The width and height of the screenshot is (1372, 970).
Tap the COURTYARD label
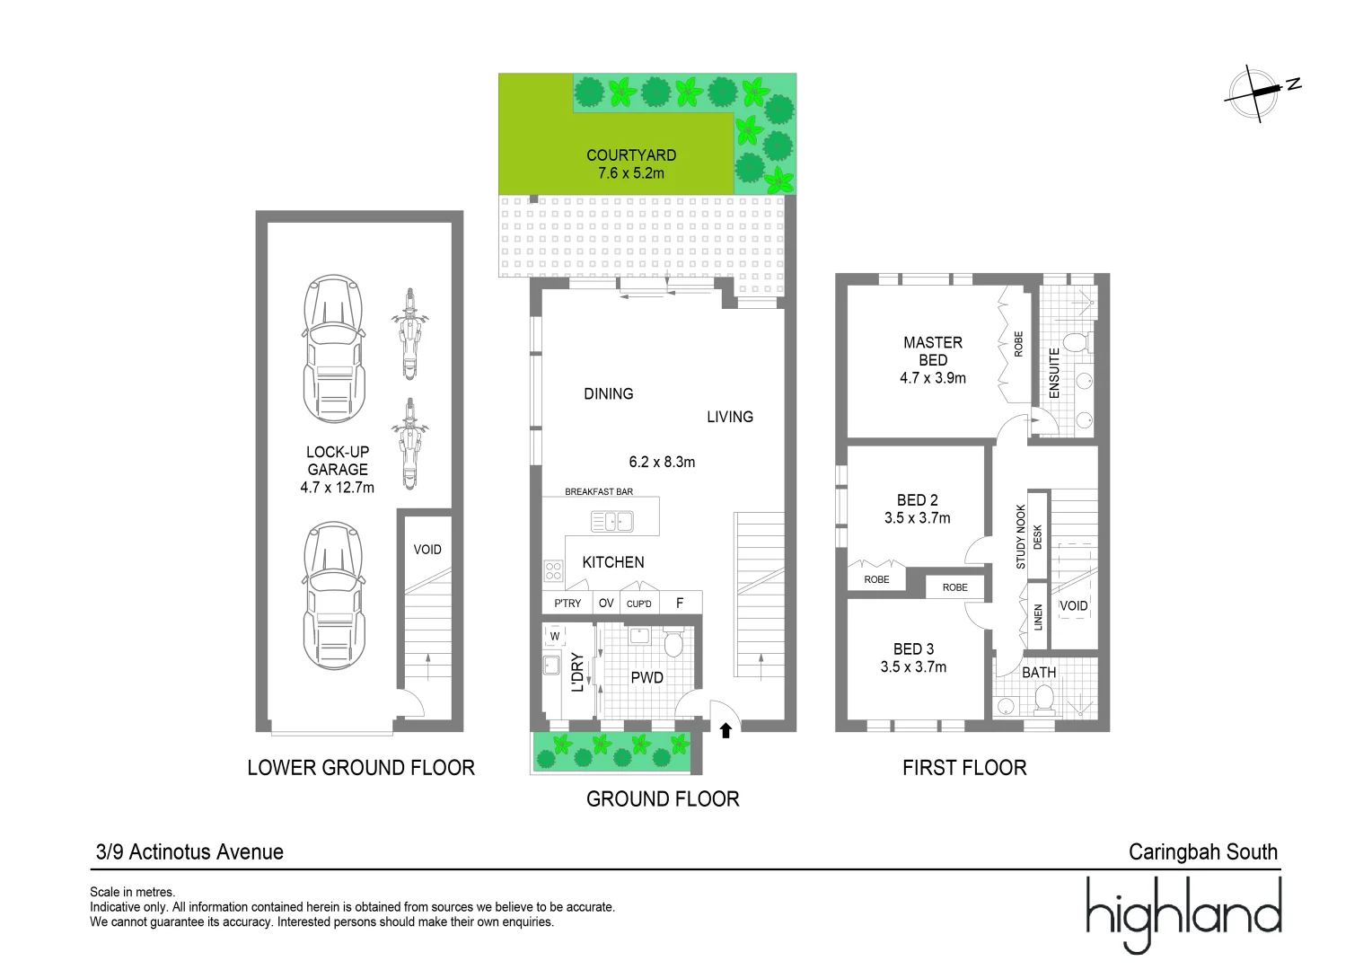click(x=631, y=155)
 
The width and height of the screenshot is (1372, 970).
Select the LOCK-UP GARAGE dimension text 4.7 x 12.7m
click(x=337, y=488)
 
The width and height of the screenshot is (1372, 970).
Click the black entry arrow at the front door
click(x=726, y=730)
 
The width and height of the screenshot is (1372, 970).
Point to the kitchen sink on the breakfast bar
click(x=611, y=522)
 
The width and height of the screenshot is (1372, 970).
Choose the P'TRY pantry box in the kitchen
click(x=567, y=603)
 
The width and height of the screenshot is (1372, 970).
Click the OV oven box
click(x=606, y=603)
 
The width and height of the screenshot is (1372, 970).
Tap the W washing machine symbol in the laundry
click(x=555, y=636)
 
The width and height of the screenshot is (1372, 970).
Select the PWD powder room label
click(x=646, y=678)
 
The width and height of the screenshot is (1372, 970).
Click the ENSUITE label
click(x=1054, y=373)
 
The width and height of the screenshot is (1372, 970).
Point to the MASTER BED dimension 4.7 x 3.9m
click(x=933, y=378)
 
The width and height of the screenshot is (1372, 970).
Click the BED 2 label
click(x=918, y=500)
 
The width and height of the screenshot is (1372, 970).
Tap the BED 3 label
click(x=914, y=649)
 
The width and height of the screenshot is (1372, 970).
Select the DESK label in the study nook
click(x=1038, y=537)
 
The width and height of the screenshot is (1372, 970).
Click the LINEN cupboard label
click(x=1038, y=617)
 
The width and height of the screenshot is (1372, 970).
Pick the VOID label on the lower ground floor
click(x=427, y=550)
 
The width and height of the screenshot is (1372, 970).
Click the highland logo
click(x=1184, y=915)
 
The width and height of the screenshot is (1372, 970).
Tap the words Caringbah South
click(x=1203, y=851)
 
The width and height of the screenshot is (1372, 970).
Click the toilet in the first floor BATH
click(x=1044, y=701)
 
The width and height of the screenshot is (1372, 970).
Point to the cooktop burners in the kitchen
click(x=554, y=571)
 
